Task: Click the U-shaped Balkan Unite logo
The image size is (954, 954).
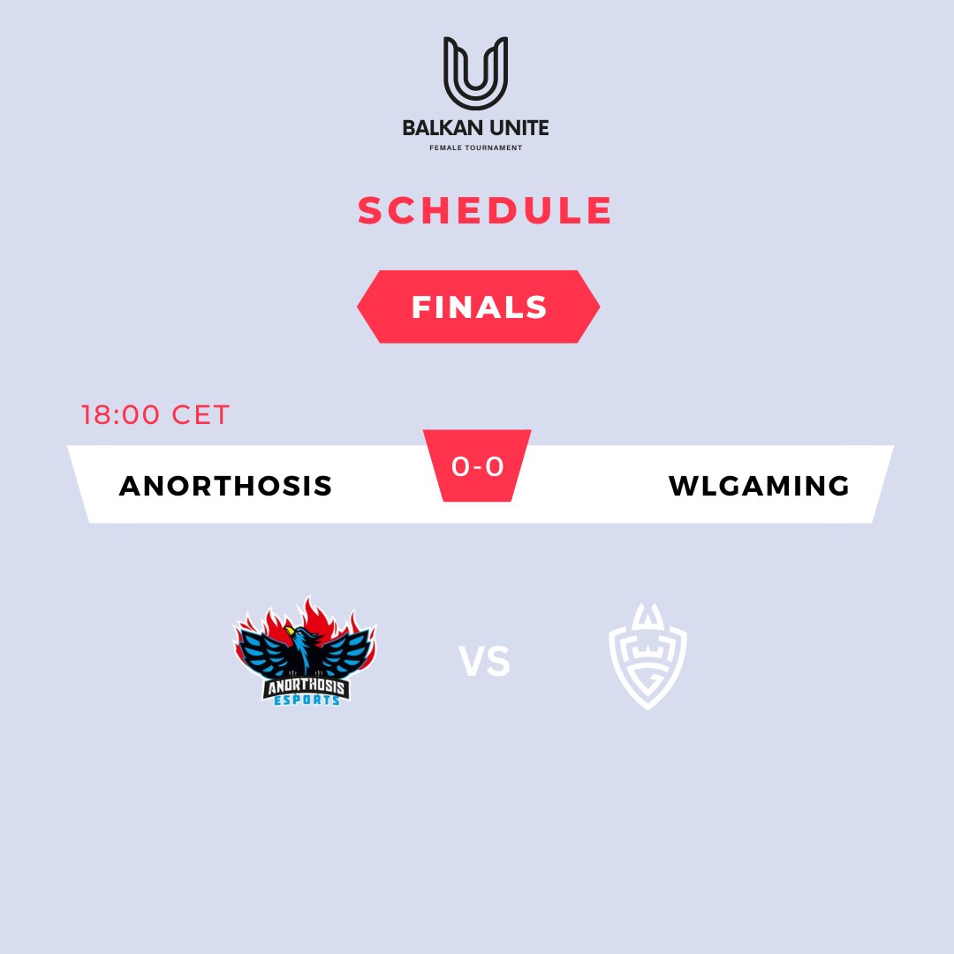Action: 475,72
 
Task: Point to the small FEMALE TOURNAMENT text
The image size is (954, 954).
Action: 475,148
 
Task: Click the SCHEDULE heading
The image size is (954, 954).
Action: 485,211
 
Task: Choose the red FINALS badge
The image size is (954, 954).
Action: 479,307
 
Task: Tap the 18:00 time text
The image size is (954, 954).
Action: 120,414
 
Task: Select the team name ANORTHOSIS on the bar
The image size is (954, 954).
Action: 225,485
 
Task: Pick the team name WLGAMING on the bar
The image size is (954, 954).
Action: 759,485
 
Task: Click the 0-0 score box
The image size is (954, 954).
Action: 477,466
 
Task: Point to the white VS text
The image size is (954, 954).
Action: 484,662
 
